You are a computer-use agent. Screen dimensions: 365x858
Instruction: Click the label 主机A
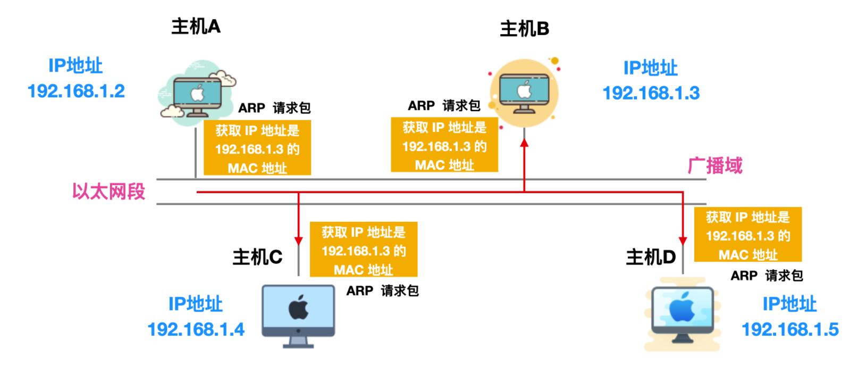(x=196, y=26)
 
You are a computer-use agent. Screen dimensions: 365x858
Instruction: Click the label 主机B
(x=524, y=29)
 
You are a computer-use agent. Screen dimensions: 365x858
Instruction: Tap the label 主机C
(x=257, y=257)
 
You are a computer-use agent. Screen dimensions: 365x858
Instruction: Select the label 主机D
(x=650, y=257)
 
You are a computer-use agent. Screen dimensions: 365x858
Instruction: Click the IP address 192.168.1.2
(x=76, y=91)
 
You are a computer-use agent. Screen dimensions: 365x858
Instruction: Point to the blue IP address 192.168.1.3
(x=651, y=93)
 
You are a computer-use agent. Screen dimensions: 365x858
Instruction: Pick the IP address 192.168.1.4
(x=196, y=329)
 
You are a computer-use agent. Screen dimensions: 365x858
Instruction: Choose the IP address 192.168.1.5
(x=789, y=329)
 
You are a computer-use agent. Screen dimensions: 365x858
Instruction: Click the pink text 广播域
(x=714, y=166)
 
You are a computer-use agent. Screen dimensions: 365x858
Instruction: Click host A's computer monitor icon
(x=197, y=96)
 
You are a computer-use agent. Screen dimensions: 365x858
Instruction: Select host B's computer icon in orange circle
(x=524, y=93)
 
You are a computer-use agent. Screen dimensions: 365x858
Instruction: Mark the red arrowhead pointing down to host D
(x=683, y=234)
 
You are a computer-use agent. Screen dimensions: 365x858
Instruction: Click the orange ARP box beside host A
(x=257, y=148)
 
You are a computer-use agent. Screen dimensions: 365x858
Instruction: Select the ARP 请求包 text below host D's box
(x=766, y=276)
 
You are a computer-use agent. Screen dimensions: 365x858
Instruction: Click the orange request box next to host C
(x=363, y=250)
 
